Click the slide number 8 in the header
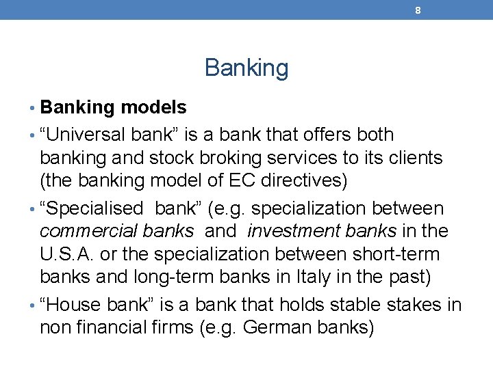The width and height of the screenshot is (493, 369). coord(417,10)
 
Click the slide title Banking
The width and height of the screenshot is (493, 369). coord(246,68)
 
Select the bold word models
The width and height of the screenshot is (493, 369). coord(153,107)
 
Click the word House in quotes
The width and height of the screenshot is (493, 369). coord(76,305)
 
